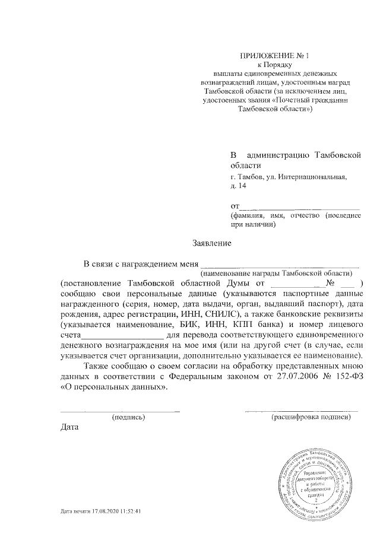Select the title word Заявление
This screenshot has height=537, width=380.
(211, 243)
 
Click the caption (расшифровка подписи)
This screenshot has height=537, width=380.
(311, 417)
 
